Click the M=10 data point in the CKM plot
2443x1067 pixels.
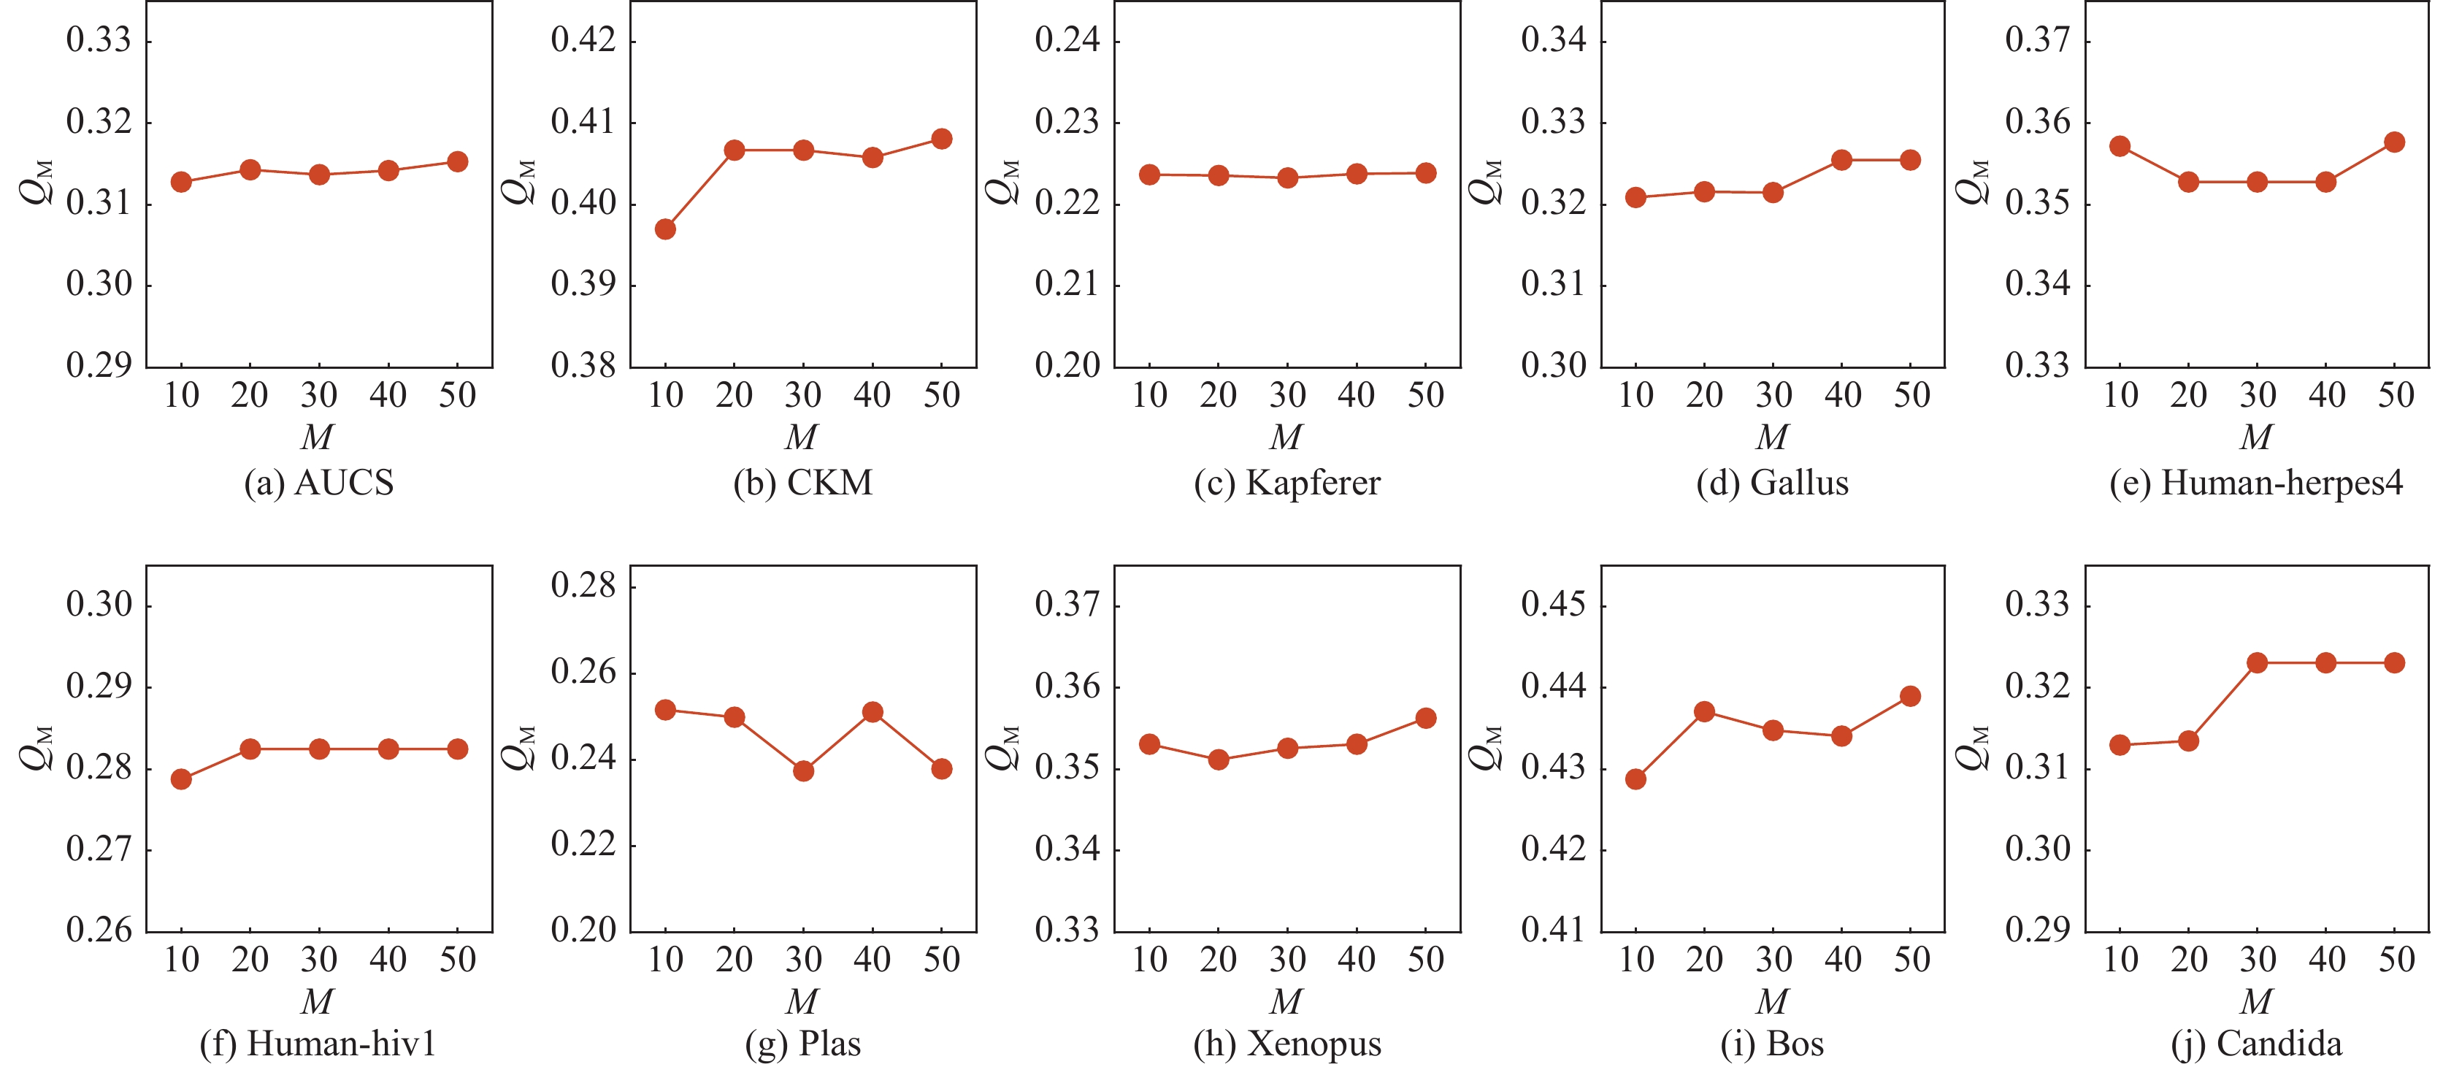pos(665,229)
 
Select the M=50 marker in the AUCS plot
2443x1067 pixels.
pos(457,161)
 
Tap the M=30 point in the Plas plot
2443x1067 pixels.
pos(803,770)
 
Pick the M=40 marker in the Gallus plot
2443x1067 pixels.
pos(1841,159)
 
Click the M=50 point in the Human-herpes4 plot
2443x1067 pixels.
pos(2393,142)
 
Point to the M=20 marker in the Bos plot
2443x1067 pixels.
pos(1704,711)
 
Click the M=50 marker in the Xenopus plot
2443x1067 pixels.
pos(1425,718)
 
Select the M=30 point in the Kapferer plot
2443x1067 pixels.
pos(1287,177)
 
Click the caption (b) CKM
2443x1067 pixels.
pos(802,483)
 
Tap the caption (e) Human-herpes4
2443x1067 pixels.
pos(2256,483)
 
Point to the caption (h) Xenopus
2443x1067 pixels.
pos(1287,1044)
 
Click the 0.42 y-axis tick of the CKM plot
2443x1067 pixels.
pos(583,40)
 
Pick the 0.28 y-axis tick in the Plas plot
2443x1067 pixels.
pos(583,585)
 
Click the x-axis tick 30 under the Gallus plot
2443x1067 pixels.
pos(1773,394)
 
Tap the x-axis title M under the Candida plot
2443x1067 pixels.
pos(2256,1001)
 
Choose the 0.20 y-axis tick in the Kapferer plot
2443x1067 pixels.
pos(1067,365)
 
